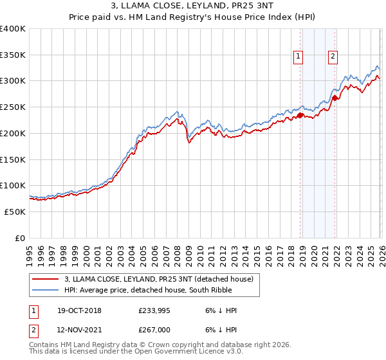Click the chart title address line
(192, 7)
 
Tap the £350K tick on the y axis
(13, 55)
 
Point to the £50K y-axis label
(15, 212)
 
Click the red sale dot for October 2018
(300, 116)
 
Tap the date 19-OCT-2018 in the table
(78, 310)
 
